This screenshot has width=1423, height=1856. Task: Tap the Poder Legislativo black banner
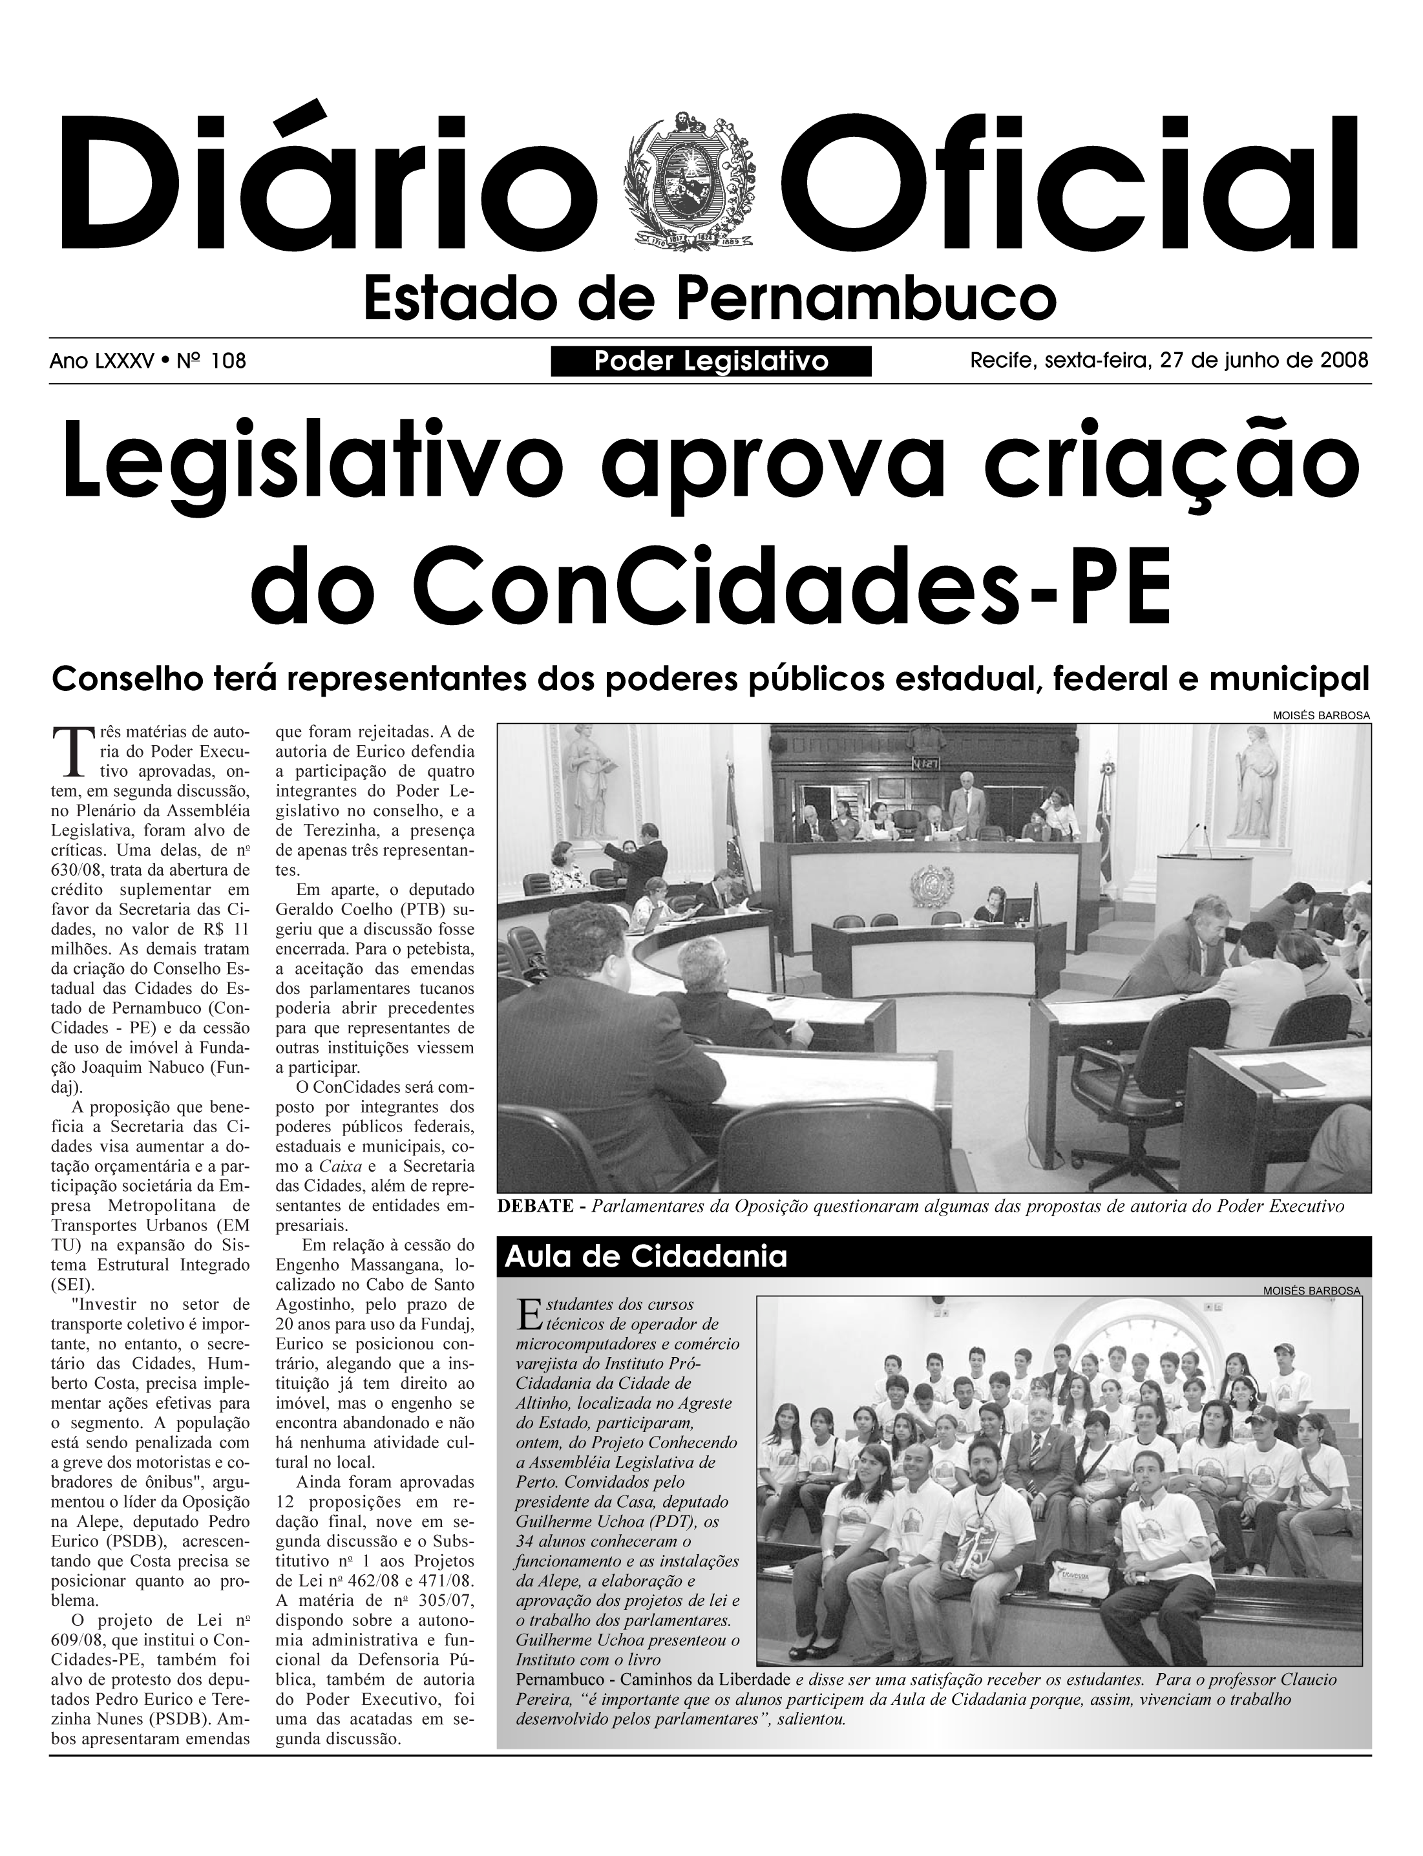point(711,362)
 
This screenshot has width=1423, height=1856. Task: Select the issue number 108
point(228,362)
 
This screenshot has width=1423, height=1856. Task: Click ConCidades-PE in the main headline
point(711,584)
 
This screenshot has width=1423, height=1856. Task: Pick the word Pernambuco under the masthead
point(867,297)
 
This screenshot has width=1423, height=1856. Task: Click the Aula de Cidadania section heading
point(646,1257)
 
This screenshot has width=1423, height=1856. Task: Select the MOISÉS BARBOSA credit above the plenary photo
point(1322,716)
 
